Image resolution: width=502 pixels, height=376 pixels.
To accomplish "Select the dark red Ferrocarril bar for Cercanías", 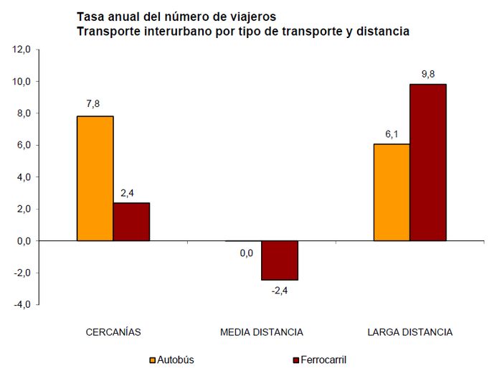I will (131, 222).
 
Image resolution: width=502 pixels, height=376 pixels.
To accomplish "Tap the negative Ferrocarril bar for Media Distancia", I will (279, 260).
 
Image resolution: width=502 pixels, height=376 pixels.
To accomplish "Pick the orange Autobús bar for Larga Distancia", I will (392, 192).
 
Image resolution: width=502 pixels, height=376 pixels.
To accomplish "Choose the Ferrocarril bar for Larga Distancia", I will (428, 162).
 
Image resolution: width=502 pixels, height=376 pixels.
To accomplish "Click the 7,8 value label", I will (93, 104).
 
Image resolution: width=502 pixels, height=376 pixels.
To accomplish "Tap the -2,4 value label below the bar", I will (278, 291).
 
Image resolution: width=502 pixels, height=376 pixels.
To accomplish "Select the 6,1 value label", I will (391, 133).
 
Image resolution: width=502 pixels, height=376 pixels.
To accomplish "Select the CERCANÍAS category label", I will (113, 332).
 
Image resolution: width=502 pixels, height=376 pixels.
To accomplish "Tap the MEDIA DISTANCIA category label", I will (261, 332).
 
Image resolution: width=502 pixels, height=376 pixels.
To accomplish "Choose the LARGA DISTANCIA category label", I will (409, 332).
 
